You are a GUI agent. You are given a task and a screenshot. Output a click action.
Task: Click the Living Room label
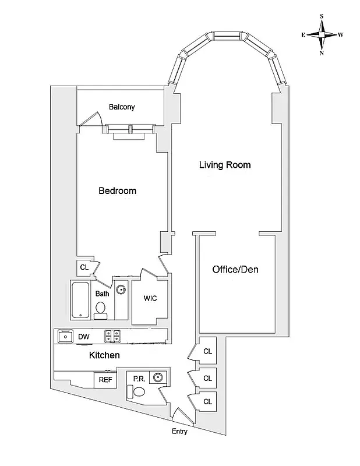pos(225,165)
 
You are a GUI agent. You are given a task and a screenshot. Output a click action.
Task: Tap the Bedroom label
pos(117,191)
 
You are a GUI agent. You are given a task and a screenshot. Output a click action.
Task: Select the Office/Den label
pos(235,270)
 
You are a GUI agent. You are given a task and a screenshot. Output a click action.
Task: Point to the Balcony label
pos(122,107)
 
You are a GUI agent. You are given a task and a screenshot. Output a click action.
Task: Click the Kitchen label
pos(104,355)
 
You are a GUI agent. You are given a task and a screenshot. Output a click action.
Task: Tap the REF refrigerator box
pos(105,380)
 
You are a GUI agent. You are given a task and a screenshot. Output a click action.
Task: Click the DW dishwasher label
pos(83,336)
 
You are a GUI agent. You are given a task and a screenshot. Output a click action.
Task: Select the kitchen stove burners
pos(112,336)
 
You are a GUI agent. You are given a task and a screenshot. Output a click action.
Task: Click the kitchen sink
pos(63,336)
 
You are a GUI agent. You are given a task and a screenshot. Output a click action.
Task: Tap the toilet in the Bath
pos(101,309)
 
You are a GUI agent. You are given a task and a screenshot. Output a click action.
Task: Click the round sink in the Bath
pos(121,288)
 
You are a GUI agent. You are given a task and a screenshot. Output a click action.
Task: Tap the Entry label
pos(180,431)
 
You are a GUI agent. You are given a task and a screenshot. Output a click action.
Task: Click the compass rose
pos(322,35)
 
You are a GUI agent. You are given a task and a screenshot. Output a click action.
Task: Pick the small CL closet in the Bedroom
pos(84,267)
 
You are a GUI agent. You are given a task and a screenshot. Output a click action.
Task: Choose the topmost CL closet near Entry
pos(207,351)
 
